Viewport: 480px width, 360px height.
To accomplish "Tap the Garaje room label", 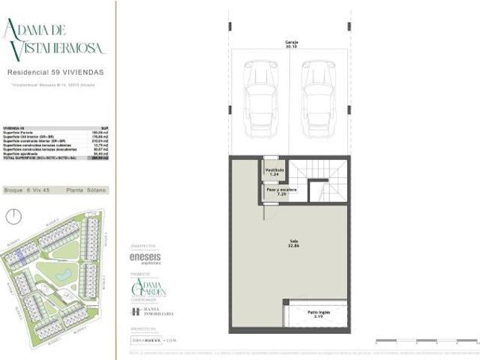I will (289, 43).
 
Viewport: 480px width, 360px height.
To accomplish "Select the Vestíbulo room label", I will (274, 172).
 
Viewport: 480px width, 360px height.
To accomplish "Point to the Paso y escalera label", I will (279, 191).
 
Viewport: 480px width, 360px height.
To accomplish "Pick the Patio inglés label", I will (316, 313).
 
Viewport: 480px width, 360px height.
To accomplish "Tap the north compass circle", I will (13, 216).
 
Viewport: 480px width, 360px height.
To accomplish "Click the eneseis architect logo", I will (144, 257).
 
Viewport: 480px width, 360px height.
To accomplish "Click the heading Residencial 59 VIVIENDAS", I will (55, 73).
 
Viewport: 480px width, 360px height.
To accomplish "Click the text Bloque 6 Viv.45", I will (28, 190).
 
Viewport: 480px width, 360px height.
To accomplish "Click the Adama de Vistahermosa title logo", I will (54, 39).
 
